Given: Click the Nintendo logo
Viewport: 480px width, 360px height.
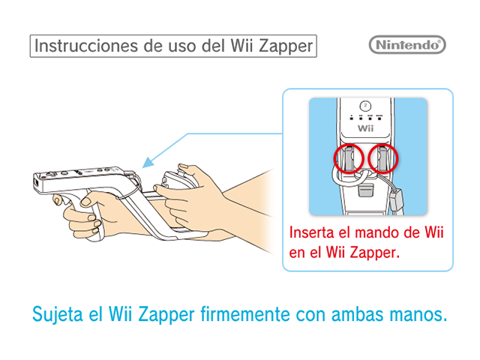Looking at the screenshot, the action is tap(407, 45).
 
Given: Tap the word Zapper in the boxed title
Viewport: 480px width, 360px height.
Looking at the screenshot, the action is tap(286, 46).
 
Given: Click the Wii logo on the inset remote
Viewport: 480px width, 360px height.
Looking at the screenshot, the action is tap(365, 128).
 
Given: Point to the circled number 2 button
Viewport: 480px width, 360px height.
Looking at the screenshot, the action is tap(365, 106).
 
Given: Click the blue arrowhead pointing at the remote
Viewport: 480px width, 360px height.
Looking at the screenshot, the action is tap(148, 163).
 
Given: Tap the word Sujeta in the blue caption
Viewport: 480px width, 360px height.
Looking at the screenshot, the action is tap(58, 315).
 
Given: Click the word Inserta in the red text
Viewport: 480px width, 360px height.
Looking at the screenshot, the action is tap(312, 232).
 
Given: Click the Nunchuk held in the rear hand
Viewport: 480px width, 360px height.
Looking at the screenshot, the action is tap(176, 180).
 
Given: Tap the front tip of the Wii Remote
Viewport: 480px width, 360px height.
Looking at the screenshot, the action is tap(35, 183).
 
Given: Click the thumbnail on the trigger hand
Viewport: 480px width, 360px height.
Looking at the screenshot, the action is tap(85, 201).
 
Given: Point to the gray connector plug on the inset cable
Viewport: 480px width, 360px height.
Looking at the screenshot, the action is tap(396, 200).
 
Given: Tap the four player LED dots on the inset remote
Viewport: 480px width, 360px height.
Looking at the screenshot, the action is tap(365, 117).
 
